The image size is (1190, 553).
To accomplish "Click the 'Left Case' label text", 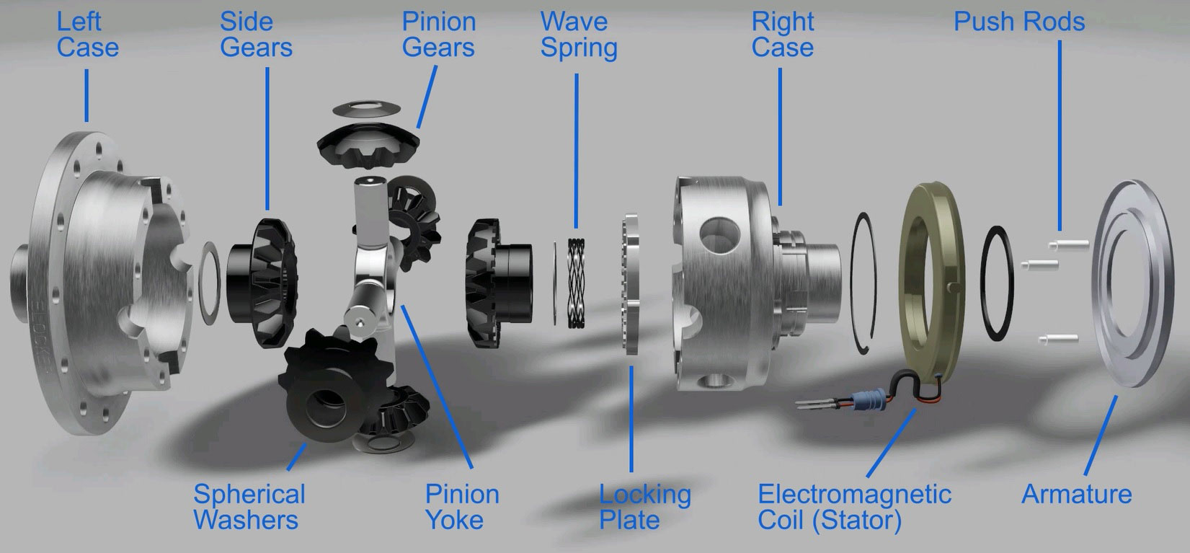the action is coord(88,35).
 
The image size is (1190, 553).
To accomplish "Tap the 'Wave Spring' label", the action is coord(579,35).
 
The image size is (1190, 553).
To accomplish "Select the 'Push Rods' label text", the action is coord(1019,22).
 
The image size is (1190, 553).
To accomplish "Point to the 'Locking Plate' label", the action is coord(645,507).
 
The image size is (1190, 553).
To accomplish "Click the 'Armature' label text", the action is coord(1076,494).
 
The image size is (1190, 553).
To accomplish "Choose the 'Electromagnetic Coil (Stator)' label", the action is coord(854,507).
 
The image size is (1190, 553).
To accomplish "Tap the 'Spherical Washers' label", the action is coord(249,507).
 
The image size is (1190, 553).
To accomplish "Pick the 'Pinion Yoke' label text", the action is coord(462,507).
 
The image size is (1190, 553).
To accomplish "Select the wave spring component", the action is coord(577,283).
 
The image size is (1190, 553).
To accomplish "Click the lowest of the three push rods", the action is coord(1058,338).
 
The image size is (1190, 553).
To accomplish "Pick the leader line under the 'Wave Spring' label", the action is coord(577,151).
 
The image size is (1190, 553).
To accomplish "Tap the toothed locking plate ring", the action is coord(631,283).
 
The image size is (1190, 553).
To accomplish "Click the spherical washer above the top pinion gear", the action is coord(367,109).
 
